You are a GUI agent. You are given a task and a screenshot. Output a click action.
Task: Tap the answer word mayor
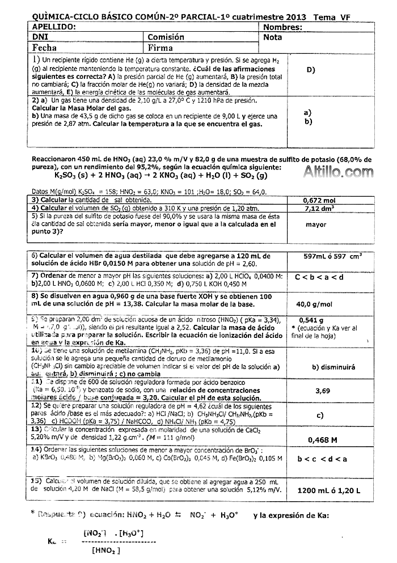316,225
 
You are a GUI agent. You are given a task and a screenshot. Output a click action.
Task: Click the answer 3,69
322,390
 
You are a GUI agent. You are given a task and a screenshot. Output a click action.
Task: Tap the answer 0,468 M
322,439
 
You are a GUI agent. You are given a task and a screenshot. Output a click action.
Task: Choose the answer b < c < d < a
322,459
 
